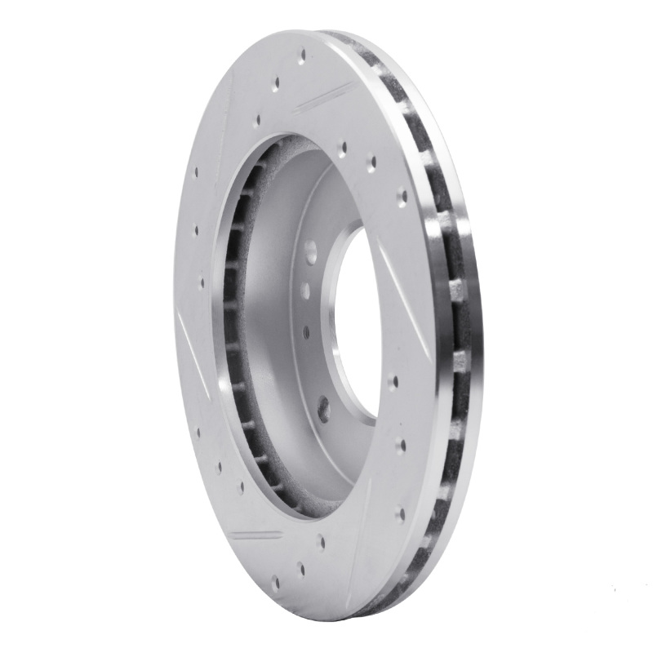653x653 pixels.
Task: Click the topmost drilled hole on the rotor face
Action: (302, 56)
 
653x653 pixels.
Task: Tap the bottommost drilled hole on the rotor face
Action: (275, 583)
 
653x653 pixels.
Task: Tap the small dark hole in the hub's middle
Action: (306, 332)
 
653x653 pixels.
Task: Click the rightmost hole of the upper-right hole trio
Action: (402, 196)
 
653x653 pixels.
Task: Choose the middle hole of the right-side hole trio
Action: (401, 445)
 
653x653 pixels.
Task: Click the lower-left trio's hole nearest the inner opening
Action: (240, 487)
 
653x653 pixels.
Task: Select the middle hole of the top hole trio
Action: (277, 82)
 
